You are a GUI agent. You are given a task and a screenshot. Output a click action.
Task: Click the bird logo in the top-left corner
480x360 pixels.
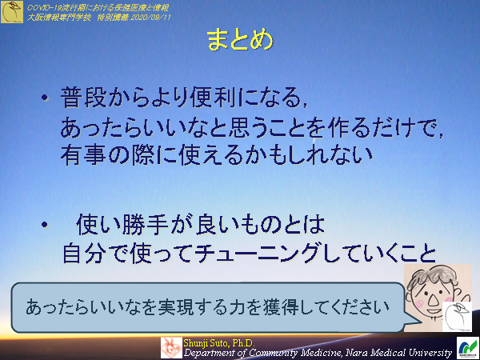[x=12, y=11]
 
